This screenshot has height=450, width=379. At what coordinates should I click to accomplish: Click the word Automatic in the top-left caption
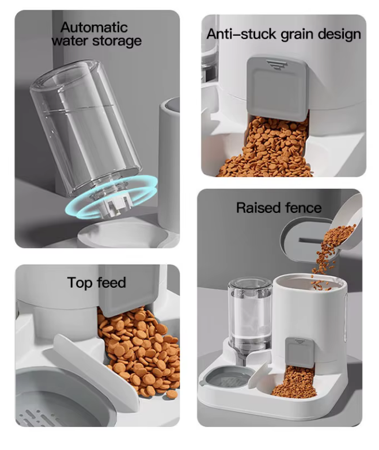[x=94, y=27]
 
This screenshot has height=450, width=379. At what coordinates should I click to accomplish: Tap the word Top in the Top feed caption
[x=79, y=283]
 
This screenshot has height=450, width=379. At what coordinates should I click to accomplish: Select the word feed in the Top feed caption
[x=111, y=283]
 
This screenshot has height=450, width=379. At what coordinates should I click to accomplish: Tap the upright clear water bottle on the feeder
[x=249, y=314]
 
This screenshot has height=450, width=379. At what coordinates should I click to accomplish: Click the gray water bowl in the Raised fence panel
[x=227, y=378]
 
